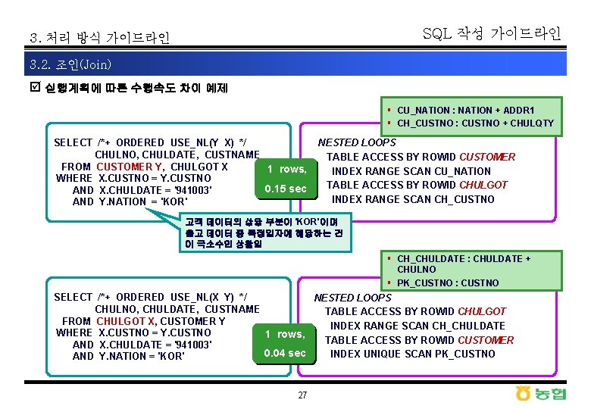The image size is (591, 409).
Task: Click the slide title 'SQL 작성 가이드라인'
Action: (x=492, y=33)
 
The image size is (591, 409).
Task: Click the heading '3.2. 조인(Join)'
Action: (x=70, y=64)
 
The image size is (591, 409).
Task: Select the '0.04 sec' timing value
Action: (x=285, y=353)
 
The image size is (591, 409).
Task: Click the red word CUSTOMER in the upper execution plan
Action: (x=487, y=157)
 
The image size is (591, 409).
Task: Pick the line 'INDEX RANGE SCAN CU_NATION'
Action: (x=411, y=171)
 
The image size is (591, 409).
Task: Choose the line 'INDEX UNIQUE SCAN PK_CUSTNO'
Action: (x=412, y=354)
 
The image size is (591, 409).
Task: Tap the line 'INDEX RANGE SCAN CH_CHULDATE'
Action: (x=416, y=326)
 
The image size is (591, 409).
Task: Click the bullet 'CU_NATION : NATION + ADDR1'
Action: (x=465, y=110)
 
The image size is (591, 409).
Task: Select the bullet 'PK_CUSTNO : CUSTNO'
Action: (x=448, y=283)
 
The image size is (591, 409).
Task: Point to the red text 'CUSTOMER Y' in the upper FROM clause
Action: (x=130, y=167)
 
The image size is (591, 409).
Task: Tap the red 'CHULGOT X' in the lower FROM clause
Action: (x=124, y=321)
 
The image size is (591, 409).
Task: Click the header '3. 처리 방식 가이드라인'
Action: (x=99, y=37)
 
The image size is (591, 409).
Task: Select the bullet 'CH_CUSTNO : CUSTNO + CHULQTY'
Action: (x=475, y=123)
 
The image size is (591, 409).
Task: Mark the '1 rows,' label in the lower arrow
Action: (x=285, y=334)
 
